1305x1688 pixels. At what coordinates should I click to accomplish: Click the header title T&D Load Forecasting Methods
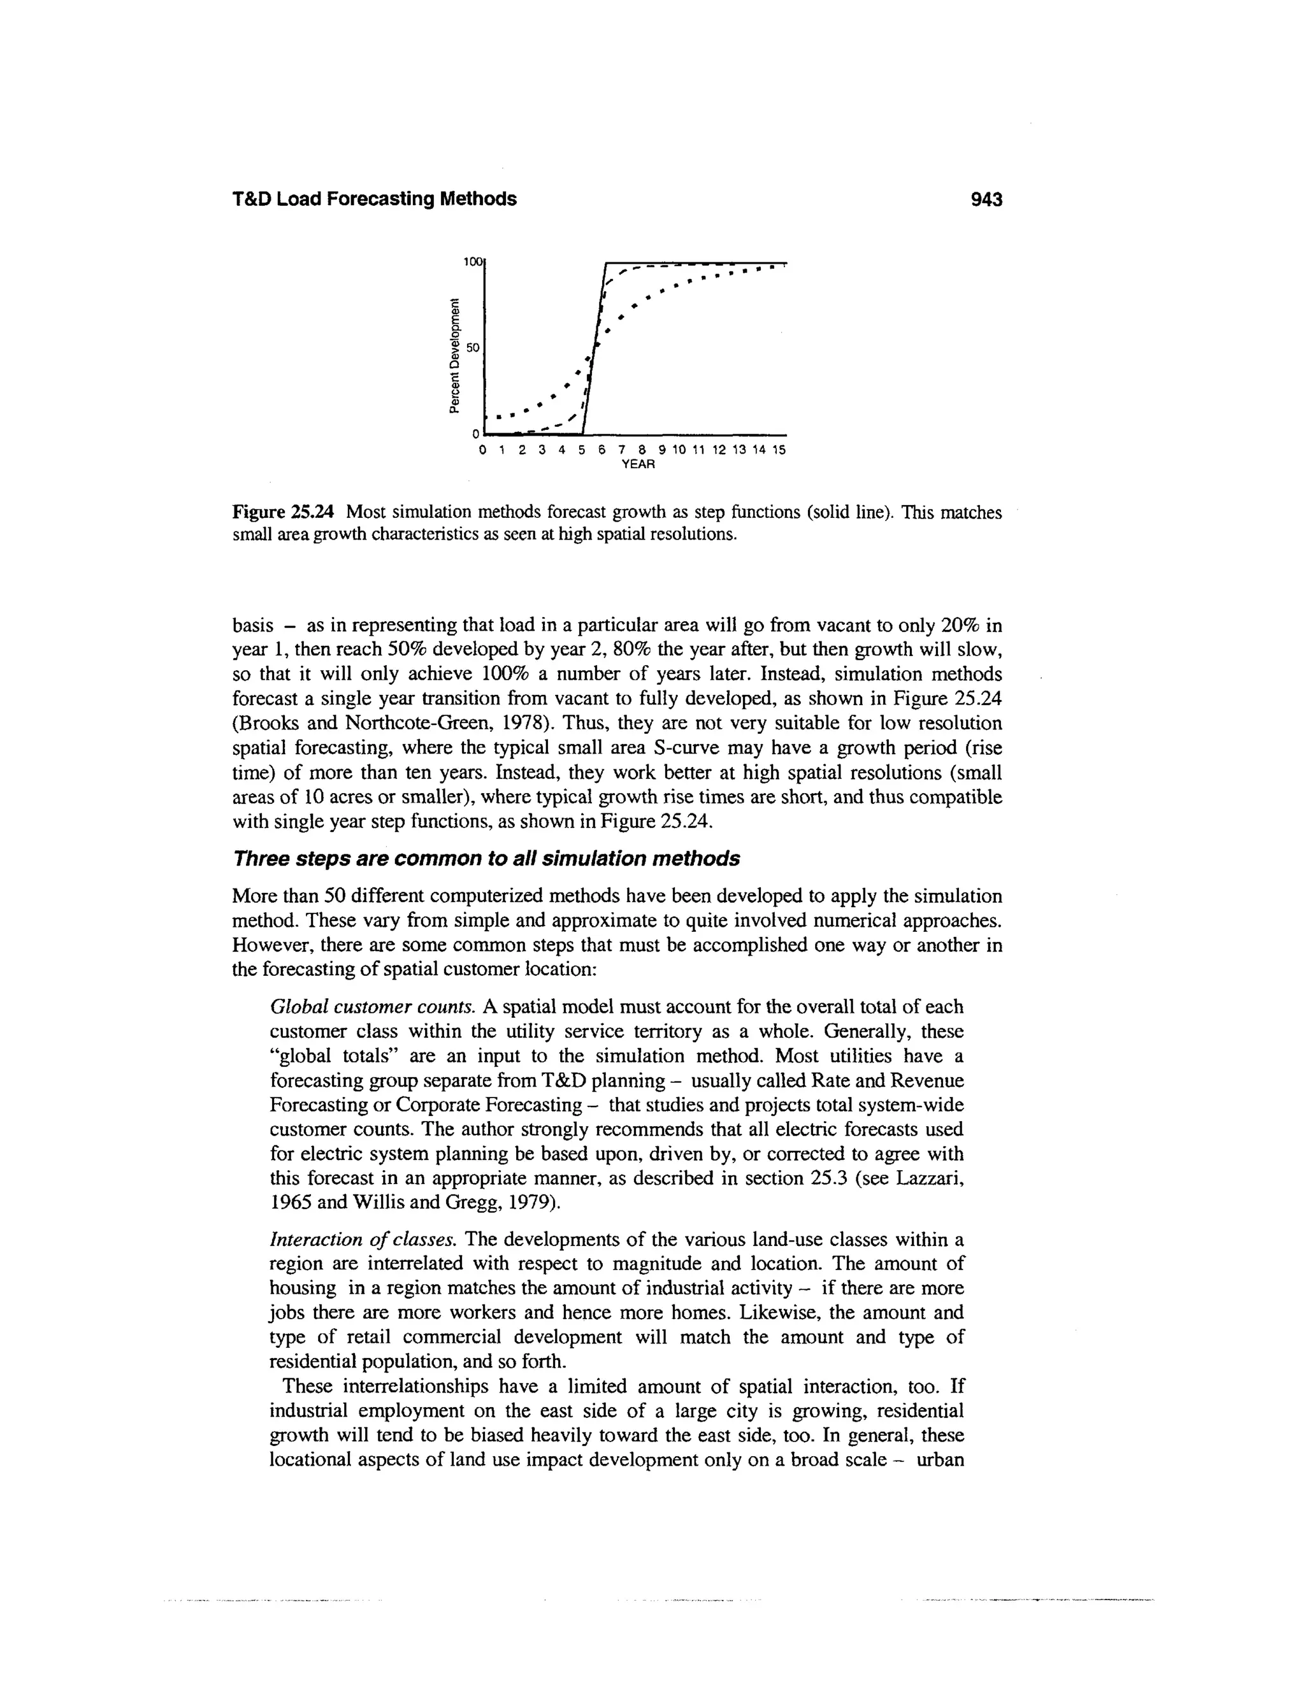pyautogui.click(x=374, y=199)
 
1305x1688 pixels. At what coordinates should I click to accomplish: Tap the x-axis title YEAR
pyautogui.click(x=638, y=464)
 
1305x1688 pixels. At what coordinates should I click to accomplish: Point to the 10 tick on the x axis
pyautogui.click(x=679, y=450)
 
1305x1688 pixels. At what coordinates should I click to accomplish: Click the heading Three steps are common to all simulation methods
pyautogui.click(x=486, y=859)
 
